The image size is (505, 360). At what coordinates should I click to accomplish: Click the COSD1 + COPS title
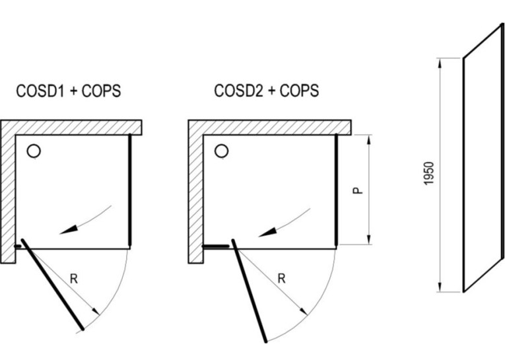coord(69,90)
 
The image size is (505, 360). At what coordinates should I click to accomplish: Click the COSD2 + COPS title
coord(267,90)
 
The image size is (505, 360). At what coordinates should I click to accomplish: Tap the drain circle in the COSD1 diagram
coord(34,151)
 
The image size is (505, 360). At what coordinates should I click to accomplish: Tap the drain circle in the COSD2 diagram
coord(222,151)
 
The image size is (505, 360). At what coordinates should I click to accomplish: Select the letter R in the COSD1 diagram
coord(74,279)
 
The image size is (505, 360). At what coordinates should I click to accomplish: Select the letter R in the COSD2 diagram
coord(281,279)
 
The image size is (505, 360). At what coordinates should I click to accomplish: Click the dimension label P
coord(358,190)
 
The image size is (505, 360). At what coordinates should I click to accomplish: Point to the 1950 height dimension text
coord(429,173)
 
